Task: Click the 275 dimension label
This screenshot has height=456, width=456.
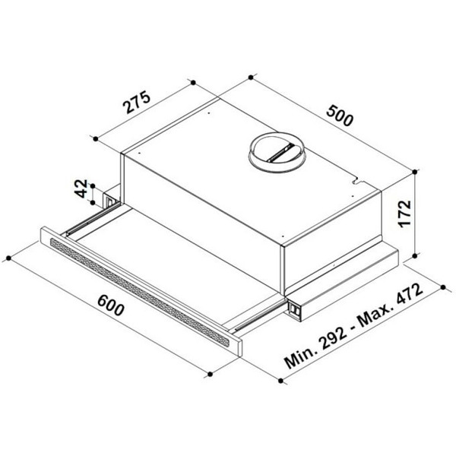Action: (137, 103)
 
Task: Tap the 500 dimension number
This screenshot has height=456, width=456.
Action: (340, 116)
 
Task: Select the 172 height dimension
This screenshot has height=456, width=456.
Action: (404, 214)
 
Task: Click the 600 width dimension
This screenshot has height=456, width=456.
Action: (111, 305)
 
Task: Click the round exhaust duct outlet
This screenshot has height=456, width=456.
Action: (277, 153)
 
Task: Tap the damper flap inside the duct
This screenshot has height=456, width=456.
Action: (280, 153)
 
